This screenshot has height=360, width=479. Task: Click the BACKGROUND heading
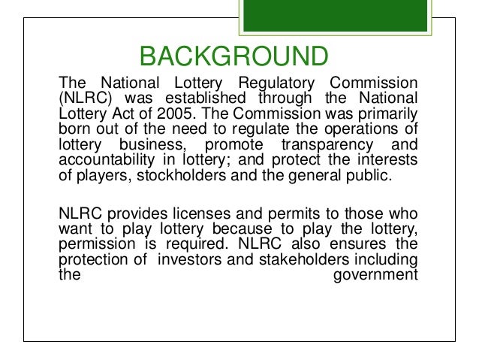click(234, 56)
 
